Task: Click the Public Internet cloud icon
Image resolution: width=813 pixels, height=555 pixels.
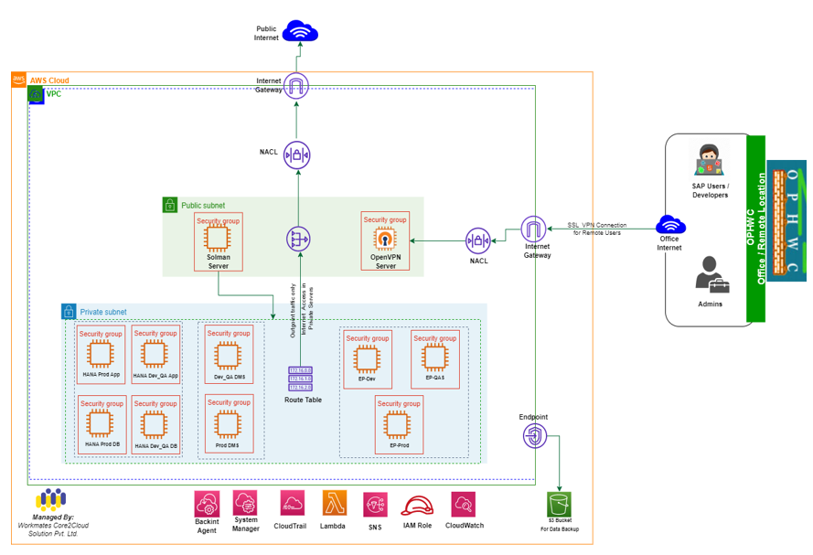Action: point(300,33)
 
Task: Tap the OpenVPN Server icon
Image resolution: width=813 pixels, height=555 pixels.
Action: point(385,239)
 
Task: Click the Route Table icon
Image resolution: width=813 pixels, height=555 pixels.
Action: point(300,379)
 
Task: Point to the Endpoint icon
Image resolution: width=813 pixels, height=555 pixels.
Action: point(534,437)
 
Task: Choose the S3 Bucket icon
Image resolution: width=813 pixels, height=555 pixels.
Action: point(559,504)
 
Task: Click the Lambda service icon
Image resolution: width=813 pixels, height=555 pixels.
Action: point(334,504)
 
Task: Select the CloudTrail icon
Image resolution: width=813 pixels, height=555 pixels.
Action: point(293,504)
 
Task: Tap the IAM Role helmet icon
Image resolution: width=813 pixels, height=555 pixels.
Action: point(417,506)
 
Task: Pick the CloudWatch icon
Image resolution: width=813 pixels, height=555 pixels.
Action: point(463,504)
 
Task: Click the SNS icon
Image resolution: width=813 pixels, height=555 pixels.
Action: point(375,505)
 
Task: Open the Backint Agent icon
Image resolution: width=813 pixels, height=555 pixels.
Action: point(207,504)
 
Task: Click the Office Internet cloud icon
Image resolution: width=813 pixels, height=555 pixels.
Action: point(670,224)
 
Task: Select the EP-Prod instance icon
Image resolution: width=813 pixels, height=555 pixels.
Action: point(398,423)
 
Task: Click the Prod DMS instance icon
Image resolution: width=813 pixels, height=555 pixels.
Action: point(227,423)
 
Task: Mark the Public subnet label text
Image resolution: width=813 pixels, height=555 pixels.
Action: point(203,206)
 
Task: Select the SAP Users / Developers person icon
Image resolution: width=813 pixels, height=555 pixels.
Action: point(710,162)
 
